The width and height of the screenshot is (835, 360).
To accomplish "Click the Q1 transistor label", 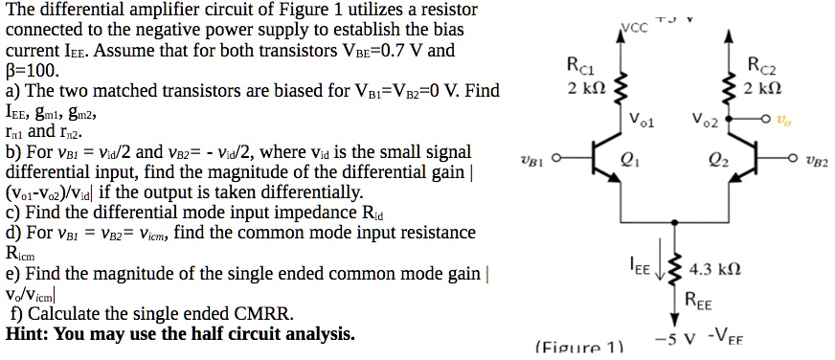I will point(629,160).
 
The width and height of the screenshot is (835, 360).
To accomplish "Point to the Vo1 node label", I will point(643,121).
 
